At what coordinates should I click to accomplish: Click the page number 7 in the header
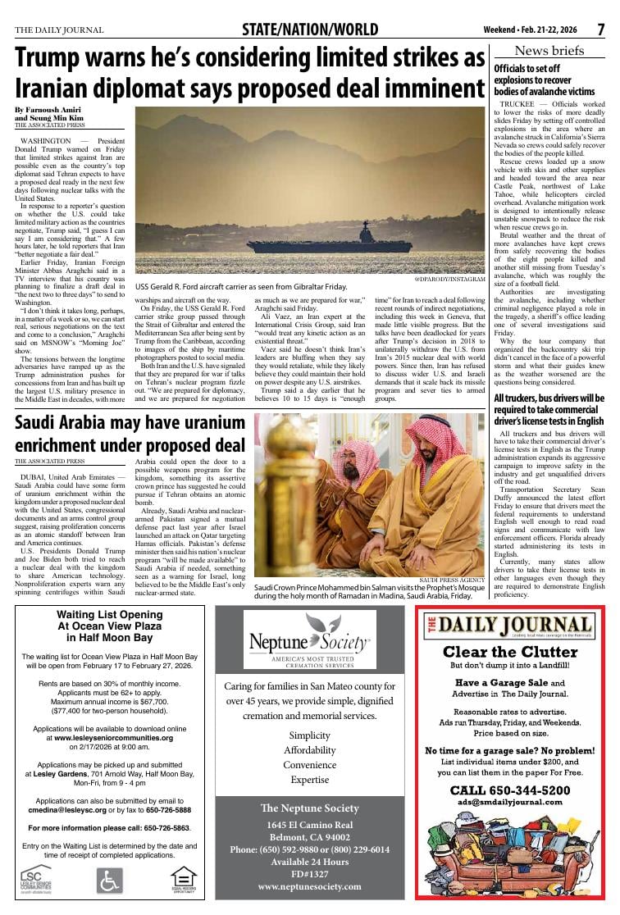point(600,30)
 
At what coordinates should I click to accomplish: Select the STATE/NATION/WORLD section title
point(309,30)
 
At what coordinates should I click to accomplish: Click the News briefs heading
point(549,51)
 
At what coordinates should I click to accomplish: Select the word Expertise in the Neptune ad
point(309,780)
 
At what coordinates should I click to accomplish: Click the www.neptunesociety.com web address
point(309,886)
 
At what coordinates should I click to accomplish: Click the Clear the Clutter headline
point(510,653)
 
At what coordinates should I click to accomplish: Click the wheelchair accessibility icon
point(109,881)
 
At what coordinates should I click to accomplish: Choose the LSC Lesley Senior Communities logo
point(37,881)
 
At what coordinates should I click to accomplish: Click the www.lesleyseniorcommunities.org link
point(114,737)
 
